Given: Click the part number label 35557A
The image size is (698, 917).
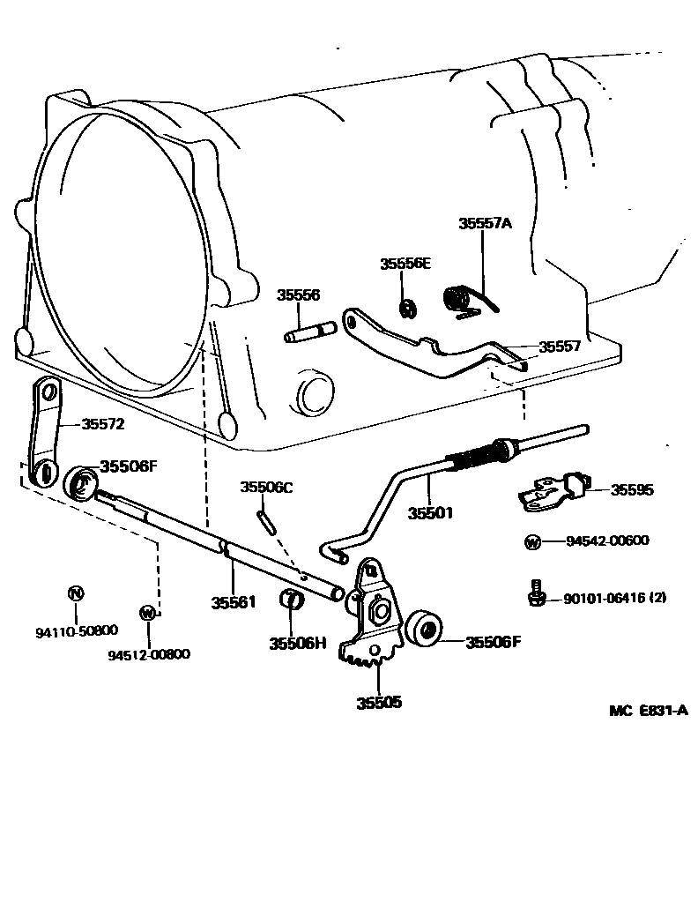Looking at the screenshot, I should click(485, 224).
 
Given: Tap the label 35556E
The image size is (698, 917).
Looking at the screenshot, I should click(405, 264).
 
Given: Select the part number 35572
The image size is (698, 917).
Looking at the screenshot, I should click(103, 424).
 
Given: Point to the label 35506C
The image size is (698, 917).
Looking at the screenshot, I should click(267, 488).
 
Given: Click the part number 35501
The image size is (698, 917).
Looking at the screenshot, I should click(430, 512).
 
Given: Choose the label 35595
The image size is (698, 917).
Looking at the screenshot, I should click(632, 489).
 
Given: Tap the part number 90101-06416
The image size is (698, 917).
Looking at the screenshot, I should click(600, 598).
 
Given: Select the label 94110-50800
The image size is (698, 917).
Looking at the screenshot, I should click(77, 631).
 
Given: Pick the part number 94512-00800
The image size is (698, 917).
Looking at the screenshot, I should click(149, 654).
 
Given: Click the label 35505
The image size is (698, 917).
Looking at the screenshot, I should click(379, 703).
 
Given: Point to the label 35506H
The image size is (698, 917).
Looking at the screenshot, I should click(298, 644).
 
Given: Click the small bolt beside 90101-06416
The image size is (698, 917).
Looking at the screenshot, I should click(533, 593).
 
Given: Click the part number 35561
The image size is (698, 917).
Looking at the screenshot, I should click(233, 603).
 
